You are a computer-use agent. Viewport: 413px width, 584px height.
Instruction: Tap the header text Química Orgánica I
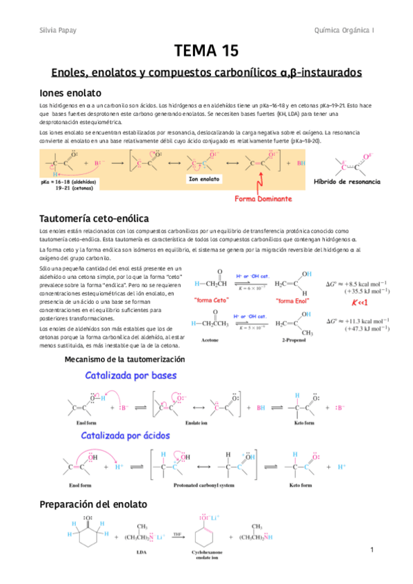pos(343,31)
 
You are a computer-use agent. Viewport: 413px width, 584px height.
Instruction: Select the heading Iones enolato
pos(71,92)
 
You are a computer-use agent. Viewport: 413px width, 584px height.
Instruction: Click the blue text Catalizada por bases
pos(131,376)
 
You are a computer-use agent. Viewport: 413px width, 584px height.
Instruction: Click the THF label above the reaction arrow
pos(177,531)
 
